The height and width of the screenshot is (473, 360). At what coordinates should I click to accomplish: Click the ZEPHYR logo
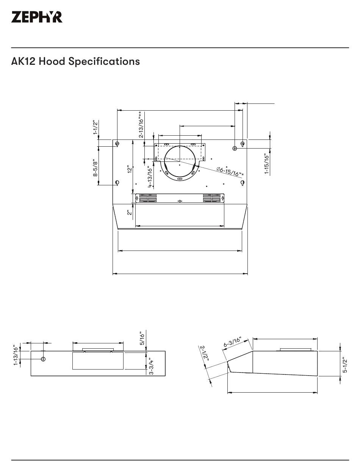(x=37, y=17)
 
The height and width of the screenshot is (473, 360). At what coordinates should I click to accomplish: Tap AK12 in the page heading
(x=23, y=61)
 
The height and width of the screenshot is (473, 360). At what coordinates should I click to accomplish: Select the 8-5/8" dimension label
(x=96, y=167)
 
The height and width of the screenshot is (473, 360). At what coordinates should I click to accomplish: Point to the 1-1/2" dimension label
(x=95, y=128)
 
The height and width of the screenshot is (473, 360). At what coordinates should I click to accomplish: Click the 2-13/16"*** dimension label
(x=141, y=124)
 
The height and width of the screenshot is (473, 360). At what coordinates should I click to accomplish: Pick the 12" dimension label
(x=130, y=169)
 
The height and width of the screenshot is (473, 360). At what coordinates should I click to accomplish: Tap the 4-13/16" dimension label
(x=150, y=177)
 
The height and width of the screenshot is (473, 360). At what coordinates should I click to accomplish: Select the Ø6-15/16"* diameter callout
(x=230, y=171)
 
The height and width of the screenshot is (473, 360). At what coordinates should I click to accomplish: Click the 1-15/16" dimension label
(x=267, y=164)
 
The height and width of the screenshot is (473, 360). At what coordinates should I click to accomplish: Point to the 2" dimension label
(x=130, y=213)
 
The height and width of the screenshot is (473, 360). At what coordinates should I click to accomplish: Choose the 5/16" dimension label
(x=142, y=338)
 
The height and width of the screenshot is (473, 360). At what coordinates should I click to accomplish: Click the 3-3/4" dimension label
(x=151, y=366)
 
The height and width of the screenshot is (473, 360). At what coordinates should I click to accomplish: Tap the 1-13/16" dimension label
(x=16, y=355)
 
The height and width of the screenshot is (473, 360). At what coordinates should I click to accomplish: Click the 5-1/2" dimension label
(x=345, y=364)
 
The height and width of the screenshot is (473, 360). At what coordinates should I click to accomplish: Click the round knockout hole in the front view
(x=43, y=359)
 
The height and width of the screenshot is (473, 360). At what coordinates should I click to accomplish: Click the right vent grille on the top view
(x=211, y=198)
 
